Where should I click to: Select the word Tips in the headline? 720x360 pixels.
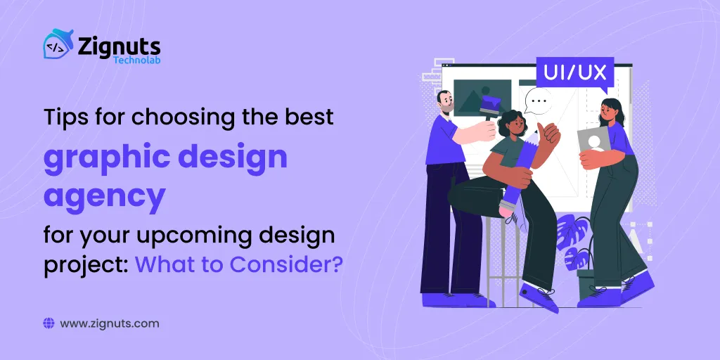tap(63, 117)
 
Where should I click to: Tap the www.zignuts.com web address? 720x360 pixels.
tap(110, 324)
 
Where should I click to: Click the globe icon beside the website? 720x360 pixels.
tap(49, 324)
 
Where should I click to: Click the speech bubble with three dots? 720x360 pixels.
tap(538, 102)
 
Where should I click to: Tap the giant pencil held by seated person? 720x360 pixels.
tap(519, 165)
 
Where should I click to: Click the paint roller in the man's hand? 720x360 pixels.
tap(489, 105)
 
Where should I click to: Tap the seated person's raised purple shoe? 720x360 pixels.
tap(540, 297)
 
